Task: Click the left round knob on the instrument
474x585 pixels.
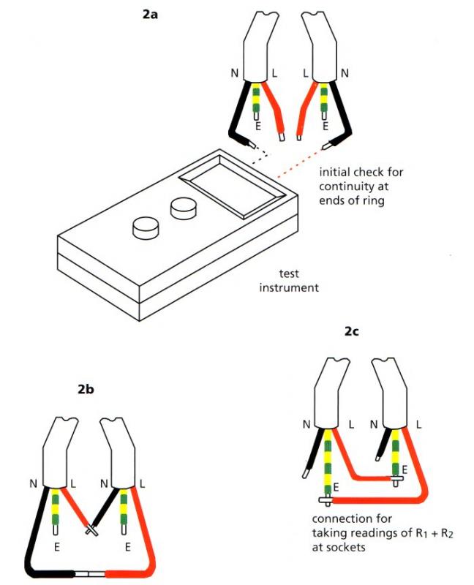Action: [144, 229]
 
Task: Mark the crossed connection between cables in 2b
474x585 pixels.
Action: [91, 526]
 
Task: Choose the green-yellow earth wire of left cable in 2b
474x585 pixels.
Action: [56, 509]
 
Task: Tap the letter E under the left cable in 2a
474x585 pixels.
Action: [255, 126]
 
